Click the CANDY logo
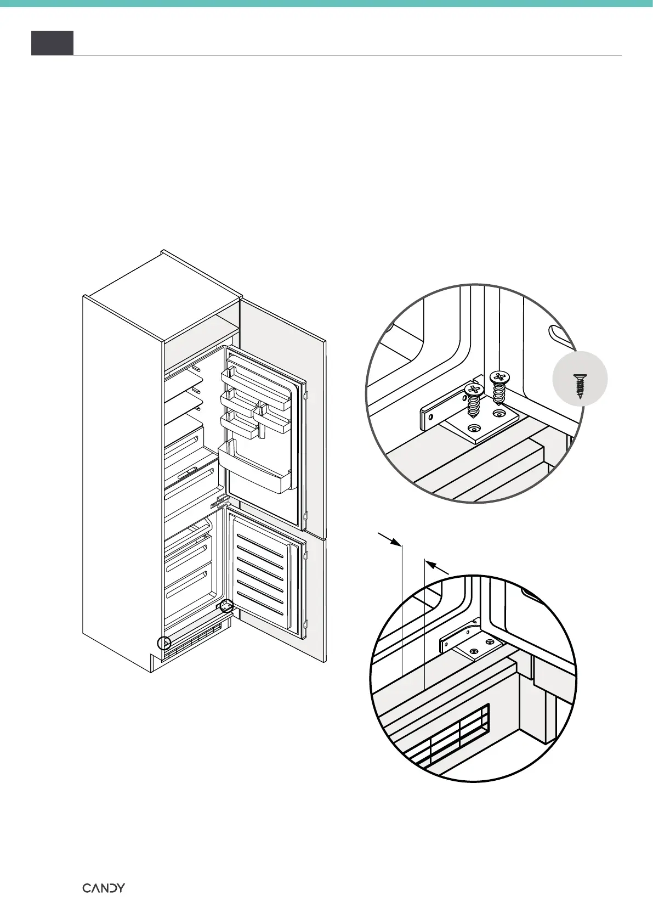(104, 888)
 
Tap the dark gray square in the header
(52, 43)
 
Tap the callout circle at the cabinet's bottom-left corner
(164, 643)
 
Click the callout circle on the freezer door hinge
(226, 606)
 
